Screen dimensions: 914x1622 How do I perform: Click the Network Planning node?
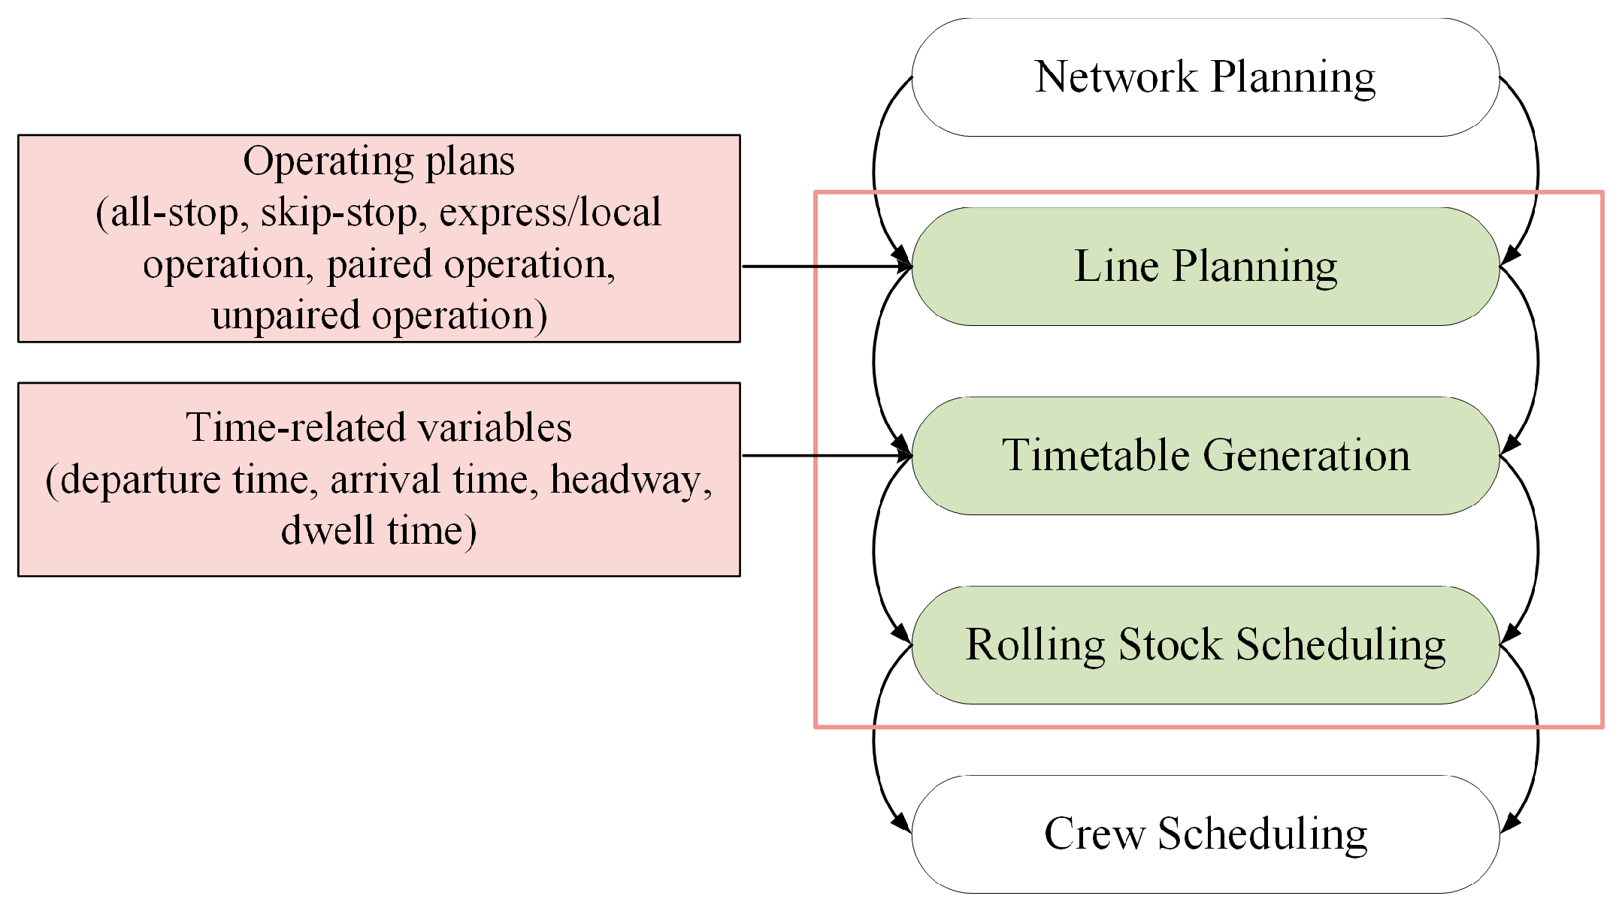[1205, 77]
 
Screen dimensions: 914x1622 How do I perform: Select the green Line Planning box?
[1205, 267]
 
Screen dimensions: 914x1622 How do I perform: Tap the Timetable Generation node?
[1205, 456]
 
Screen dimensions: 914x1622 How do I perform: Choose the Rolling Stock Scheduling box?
[1205, 645]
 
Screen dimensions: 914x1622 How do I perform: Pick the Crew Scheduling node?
[1205, 834]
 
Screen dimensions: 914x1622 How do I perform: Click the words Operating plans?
[379, 161]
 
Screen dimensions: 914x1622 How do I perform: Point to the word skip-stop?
[338, 213]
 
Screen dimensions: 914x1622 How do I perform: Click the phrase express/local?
[549, 213]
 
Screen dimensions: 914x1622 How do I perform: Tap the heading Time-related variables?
[379, 428]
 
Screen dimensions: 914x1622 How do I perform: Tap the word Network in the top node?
[1115, 77]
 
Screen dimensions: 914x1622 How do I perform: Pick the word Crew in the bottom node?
[1094, 834]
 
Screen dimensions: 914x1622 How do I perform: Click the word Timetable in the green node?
[1097, 456]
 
